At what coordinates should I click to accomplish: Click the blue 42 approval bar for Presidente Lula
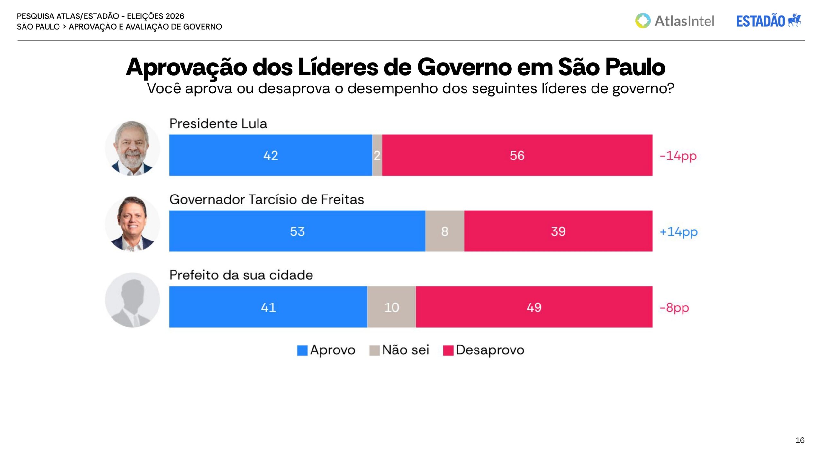271,155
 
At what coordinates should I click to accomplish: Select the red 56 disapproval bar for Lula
517,155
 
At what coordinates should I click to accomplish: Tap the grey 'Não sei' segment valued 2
377,155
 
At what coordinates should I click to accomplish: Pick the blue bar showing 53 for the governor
297,231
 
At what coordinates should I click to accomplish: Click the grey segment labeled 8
445,231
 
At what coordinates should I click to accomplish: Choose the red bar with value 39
558,231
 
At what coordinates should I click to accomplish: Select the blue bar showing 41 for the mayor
268,307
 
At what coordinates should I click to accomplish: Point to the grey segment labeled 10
392,307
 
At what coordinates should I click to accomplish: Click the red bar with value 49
534,307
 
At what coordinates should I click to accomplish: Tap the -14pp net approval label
678,156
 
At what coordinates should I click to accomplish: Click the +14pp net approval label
679,232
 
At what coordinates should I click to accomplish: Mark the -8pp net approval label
674,308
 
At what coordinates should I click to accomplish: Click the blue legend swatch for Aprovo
302,350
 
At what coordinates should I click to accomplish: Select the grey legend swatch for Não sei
375,350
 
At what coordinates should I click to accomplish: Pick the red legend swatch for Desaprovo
448,350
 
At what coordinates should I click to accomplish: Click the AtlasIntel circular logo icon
643,21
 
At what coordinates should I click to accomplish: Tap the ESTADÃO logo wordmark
761,21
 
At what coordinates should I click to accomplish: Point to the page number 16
800,440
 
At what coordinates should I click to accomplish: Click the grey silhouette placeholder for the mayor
132,300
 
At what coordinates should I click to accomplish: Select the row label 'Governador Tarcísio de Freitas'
267,199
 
